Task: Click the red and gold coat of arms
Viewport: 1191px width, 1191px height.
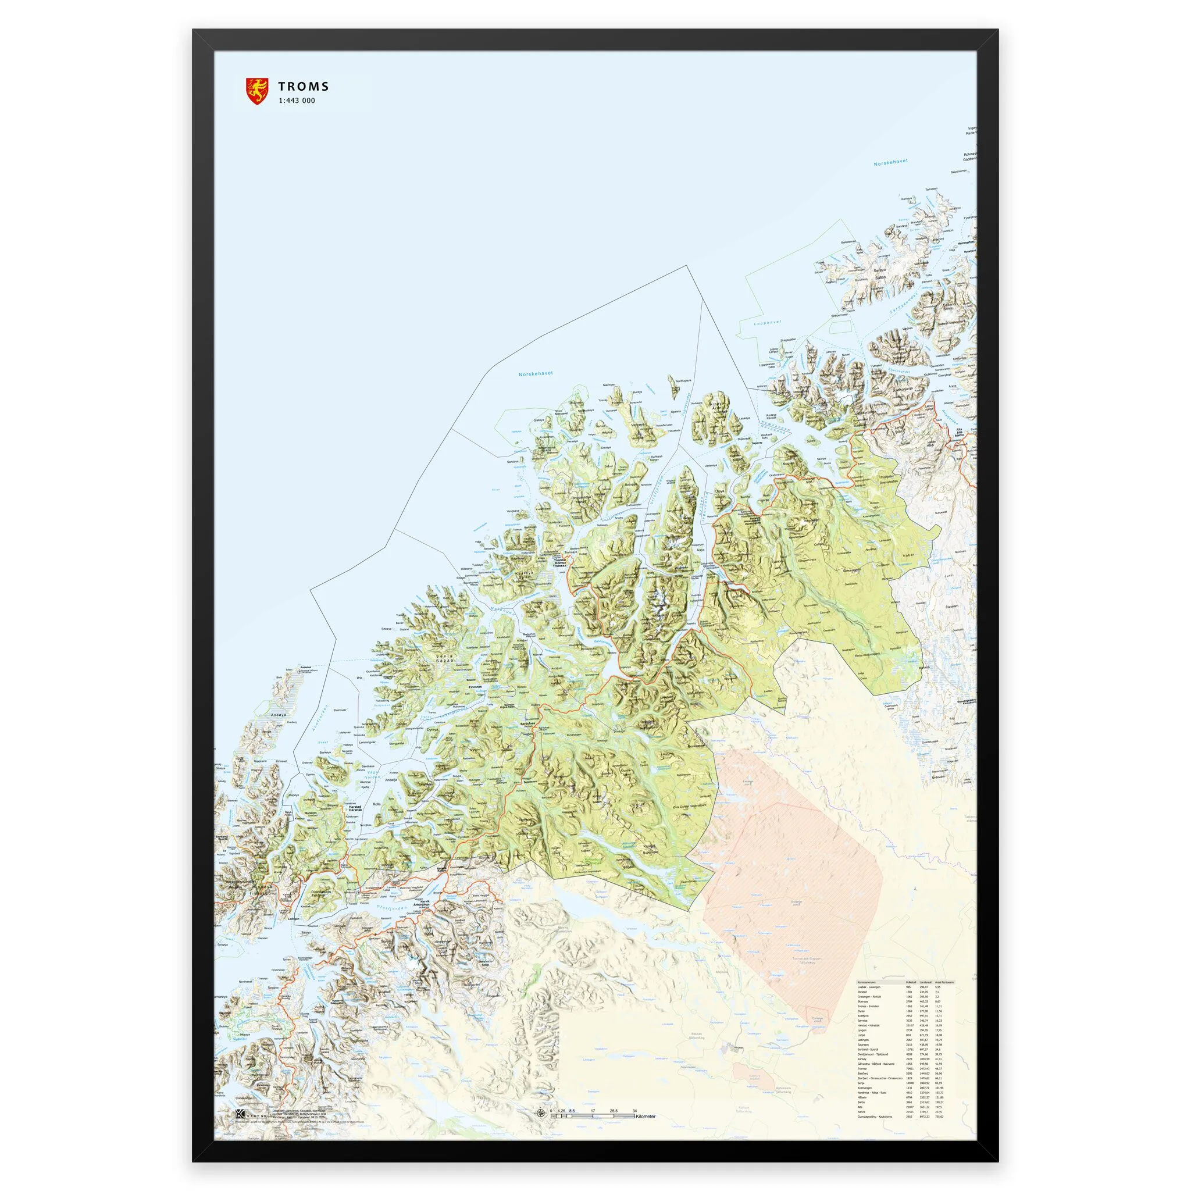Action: (257, 91)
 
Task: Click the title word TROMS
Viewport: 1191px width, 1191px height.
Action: (304, 87)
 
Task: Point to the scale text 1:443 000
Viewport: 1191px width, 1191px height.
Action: (297, 101)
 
